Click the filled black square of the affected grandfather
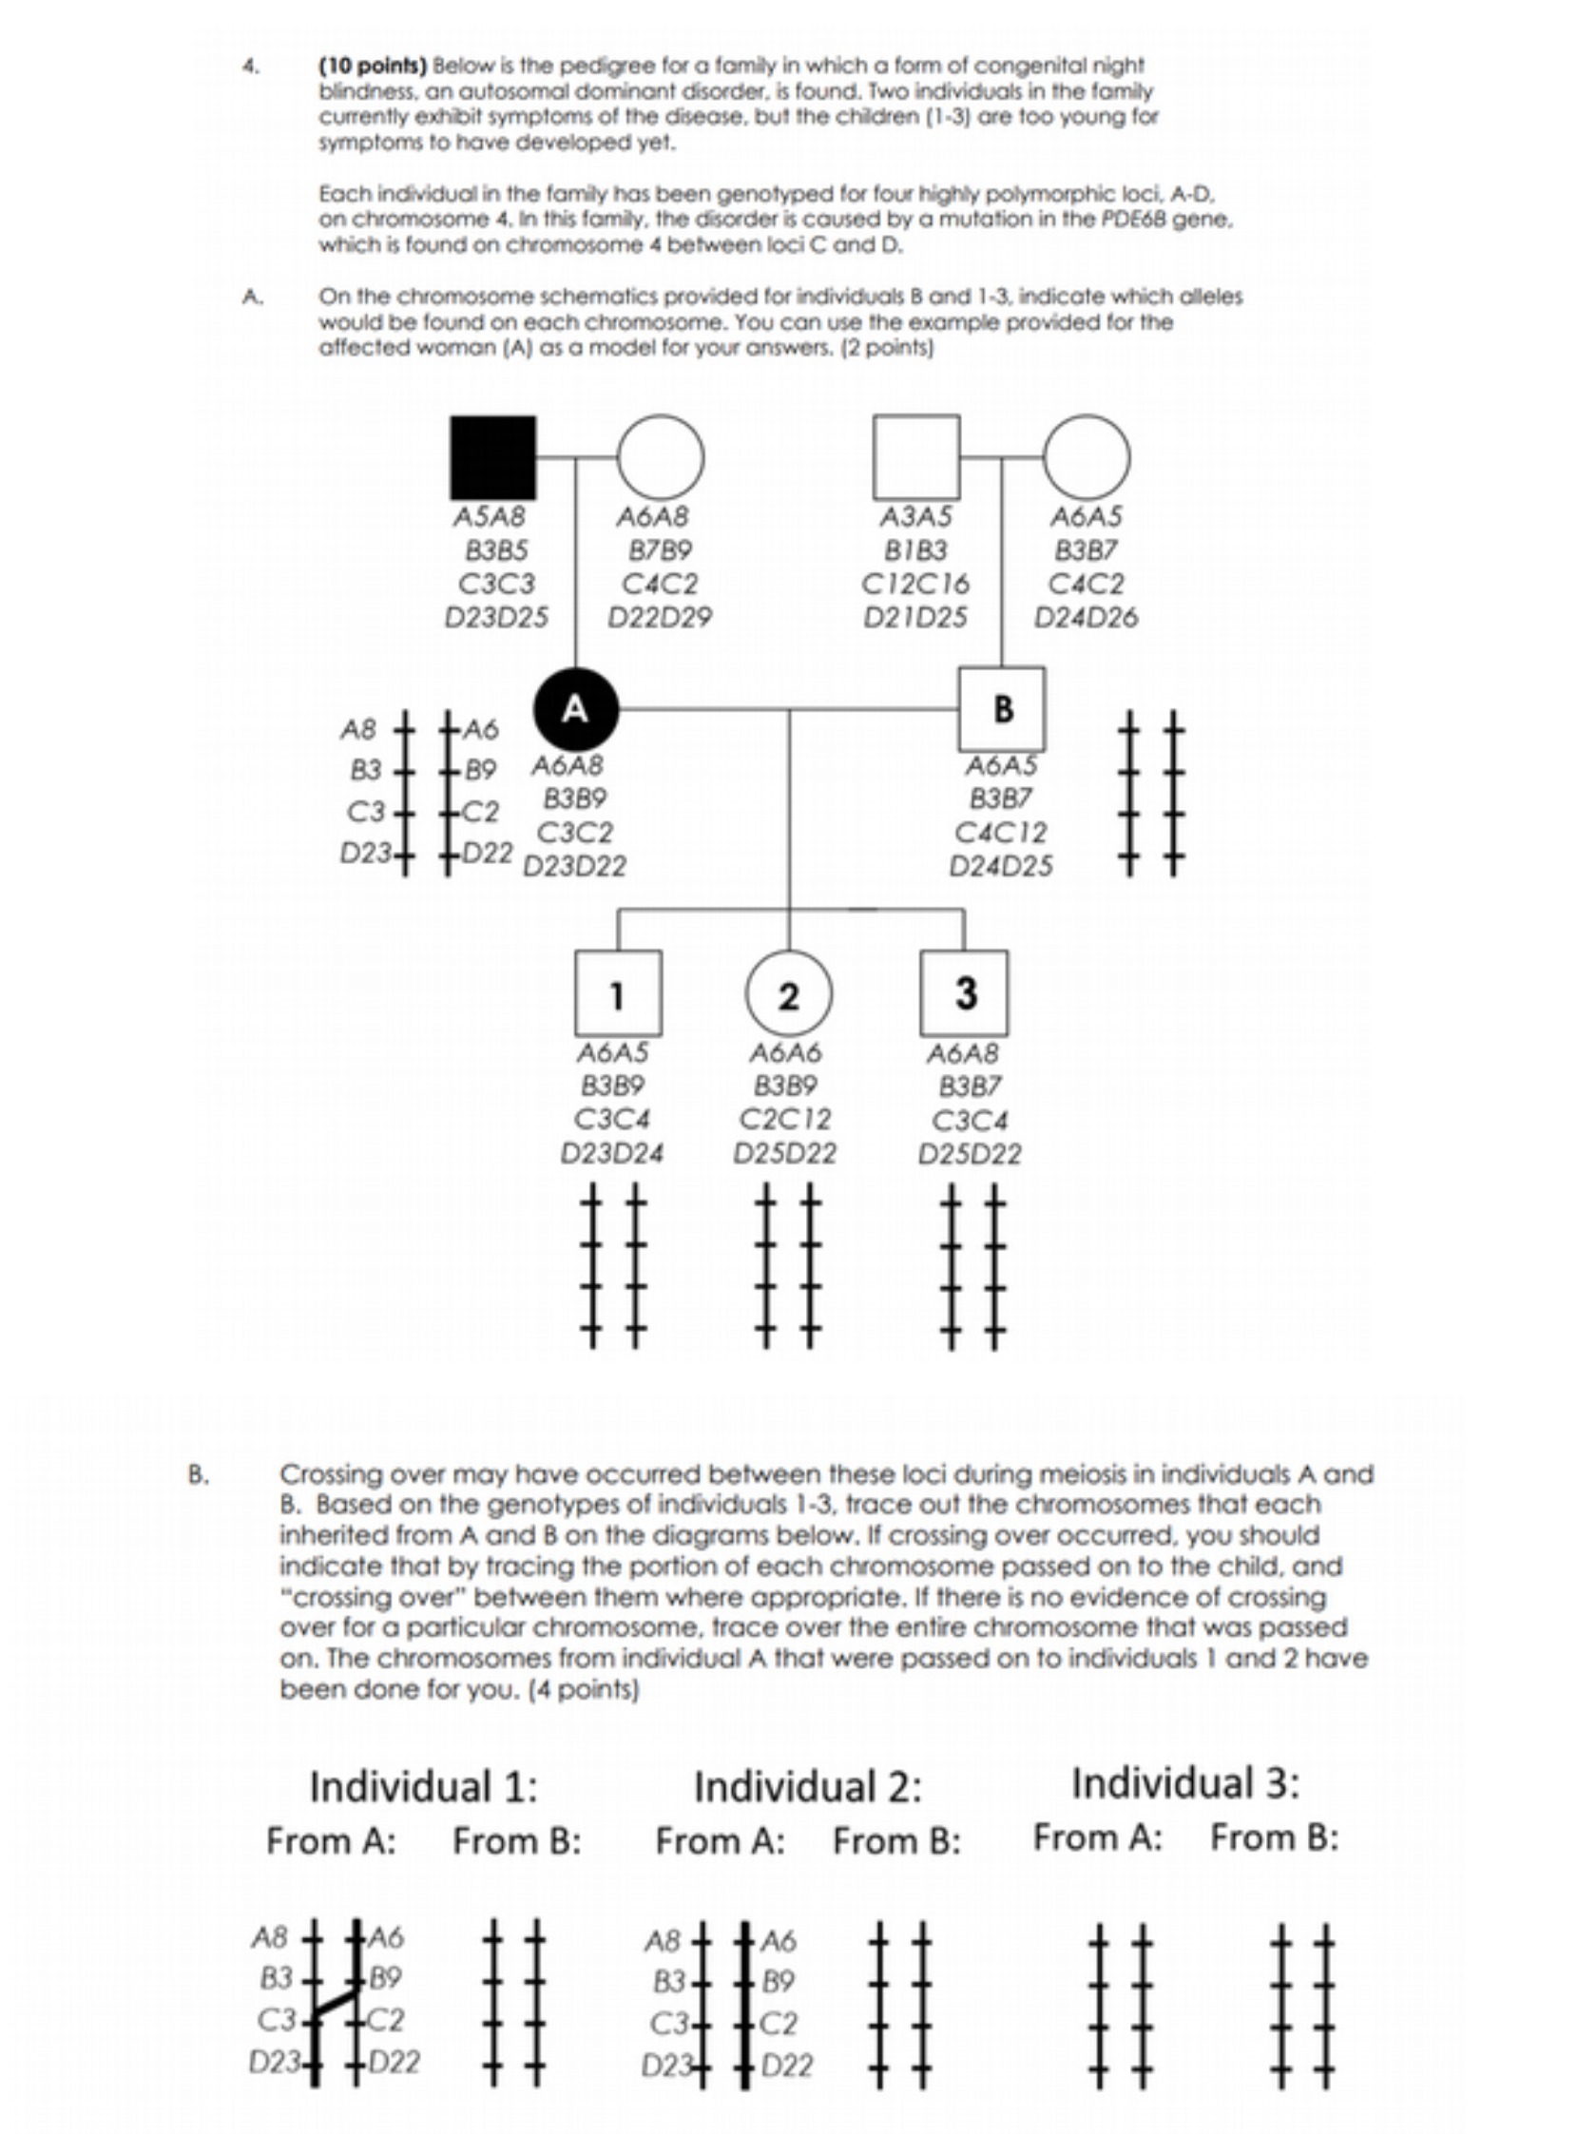pos(492,457)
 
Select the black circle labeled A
pos(575,710)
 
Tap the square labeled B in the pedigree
pos(1001,709)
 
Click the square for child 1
pos(617,993)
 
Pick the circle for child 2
pos(788,994)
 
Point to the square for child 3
pos(964,992)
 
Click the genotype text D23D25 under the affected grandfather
pos(497,618)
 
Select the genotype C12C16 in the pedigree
pos(915,584)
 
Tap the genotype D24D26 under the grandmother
pos(1087,618)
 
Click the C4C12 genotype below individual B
pos(1000,832)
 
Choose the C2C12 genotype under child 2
pos(785,1118)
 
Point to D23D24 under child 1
pos(611,1154)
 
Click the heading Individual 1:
pos(423,1785)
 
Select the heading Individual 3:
pos(1184,1782)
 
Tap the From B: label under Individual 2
pos(896,1839)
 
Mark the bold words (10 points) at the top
pos(373,66)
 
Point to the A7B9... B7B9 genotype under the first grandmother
pos(660,551)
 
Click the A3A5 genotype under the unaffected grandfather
pos(915,517)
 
